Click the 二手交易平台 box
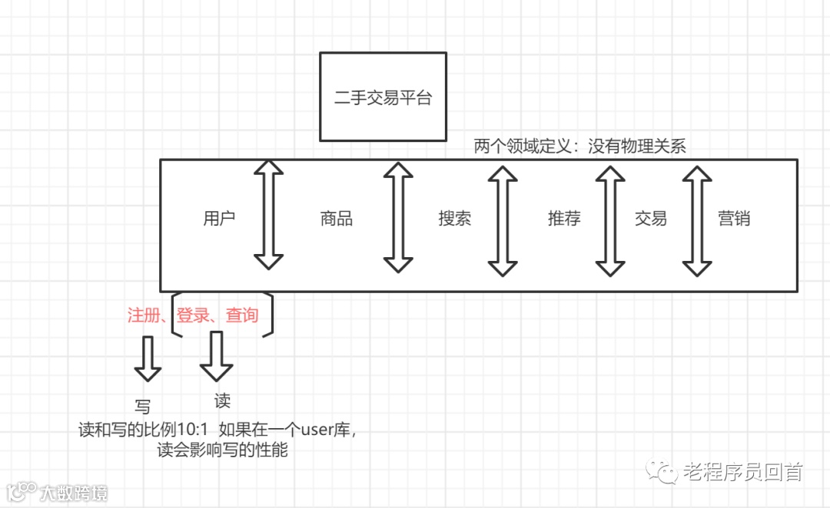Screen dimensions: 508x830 pos(383,97)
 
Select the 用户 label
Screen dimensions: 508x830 pos(219,219)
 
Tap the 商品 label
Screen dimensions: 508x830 pos(337,219)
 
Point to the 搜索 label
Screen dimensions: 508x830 pos(454,219)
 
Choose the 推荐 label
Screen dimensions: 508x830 pos(564,219)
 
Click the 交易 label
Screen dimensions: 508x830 pos(651,219)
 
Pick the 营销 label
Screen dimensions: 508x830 pos(734,219)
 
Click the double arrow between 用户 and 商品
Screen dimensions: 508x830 pos(268,215)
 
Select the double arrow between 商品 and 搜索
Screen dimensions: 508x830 pos(397,217)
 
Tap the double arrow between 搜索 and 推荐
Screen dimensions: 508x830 pos(503,219)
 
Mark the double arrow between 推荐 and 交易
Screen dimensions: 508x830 pos(610,219)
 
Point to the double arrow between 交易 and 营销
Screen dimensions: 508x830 pos(698,219)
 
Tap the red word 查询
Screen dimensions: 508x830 pos(242,315)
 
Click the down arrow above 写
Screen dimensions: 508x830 pos(148,359)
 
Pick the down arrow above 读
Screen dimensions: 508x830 pos(216,357)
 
